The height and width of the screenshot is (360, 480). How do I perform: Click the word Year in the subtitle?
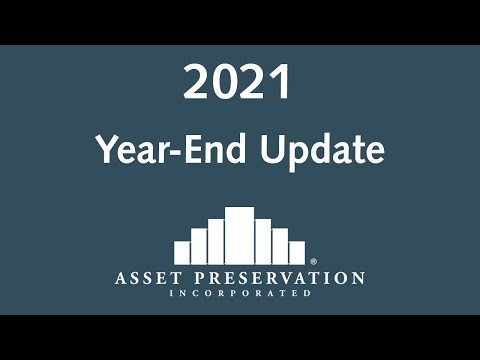click(x=130, y=150)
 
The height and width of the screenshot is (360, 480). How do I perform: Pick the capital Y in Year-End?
click(x=105, y=150)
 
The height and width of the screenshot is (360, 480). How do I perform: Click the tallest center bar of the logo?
click(x=239, y=236)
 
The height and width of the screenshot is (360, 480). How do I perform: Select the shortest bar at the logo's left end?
click(x=182, y=252)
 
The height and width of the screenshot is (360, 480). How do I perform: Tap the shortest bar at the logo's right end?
click(x=297, y=252)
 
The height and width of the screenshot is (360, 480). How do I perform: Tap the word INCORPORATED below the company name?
click(x=239, y=293)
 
